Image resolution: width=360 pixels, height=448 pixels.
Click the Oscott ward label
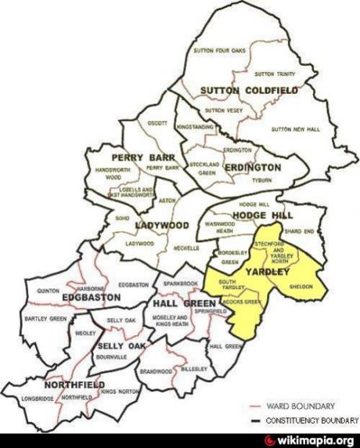click(157, 123)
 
